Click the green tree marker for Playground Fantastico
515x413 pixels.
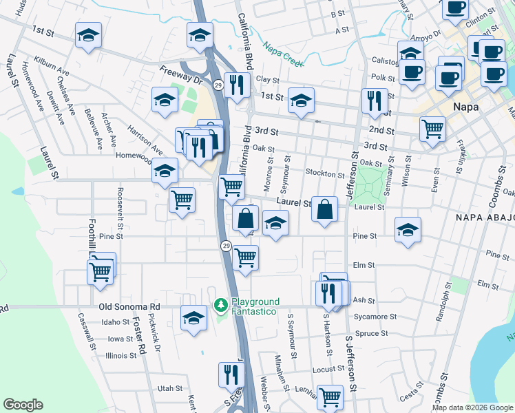click(220, 304)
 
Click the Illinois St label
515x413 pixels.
click(121, 356)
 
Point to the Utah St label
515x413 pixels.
click(169, 389)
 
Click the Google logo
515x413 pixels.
click(23, 405)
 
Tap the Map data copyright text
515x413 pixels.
click(472, 407)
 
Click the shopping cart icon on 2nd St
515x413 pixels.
click(432, 127)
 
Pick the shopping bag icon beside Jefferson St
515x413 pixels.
click(324, 208)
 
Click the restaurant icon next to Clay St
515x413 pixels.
click(235, 84)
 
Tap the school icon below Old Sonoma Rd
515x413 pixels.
click(193, 318)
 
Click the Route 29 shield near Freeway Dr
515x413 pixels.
click(218, 85)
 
